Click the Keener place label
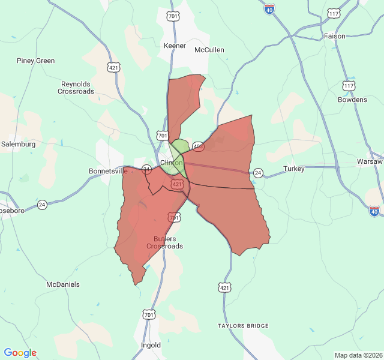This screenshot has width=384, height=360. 175,46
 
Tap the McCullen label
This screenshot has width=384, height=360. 209,50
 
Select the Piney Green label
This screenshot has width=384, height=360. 35,61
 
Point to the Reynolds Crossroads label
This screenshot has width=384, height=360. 76,88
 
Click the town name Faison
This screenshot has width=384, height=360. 335,36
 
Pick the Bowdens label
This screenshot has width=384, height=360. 352,100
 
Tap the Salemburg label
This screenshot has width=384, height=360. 18,144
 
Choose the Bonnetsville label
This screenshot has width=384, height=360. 109,170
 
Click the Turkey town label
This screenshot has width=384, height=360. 294,169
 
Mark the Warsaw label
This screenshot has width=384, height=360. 370,162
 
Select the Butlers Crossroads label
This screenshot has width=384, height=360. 164,242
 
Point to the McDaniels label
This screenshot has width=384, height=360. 63,284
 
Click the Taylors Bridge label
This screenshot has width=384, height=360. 243,326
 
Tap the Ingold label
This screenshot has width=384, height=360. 151,345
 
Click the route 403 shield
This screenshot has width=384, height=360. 198,146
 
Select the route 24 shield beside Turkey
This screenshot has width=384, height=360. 257,173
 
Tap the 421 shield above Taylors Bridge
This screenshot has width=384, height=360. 224,288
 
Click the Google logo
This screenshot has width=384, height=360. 20,353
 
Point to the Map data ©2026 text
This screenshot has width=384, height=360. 358,355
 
